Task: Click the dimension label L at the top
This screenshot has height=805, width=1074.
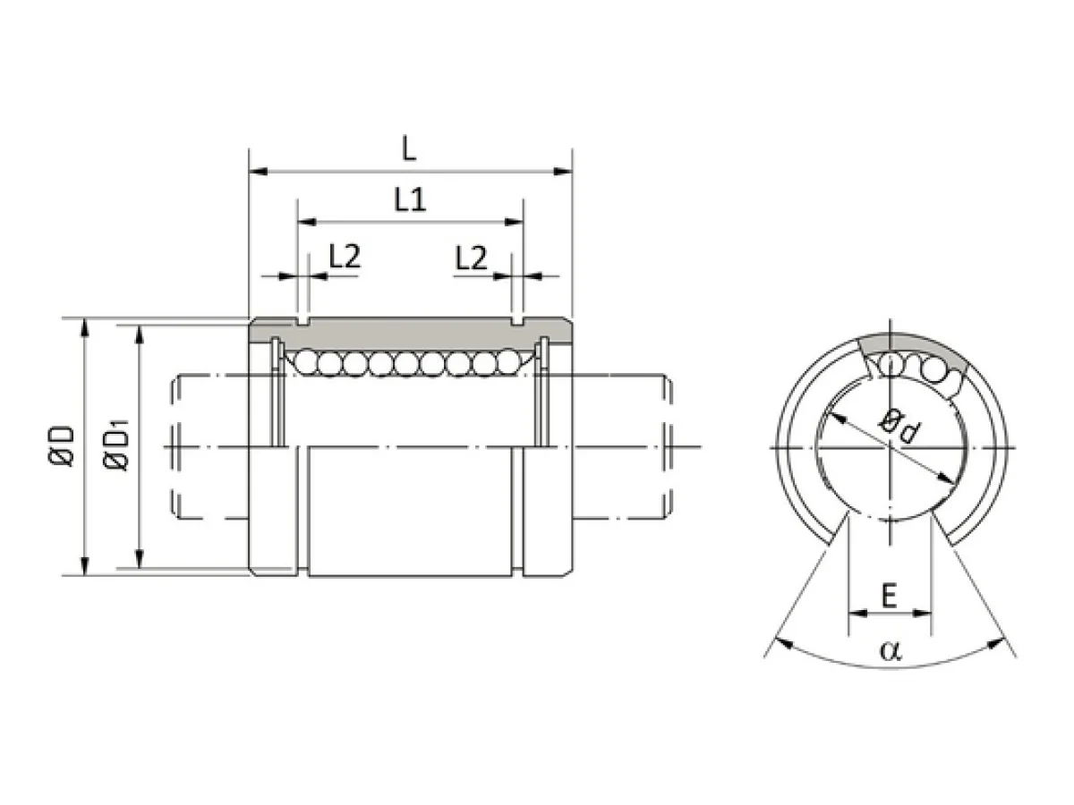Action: [x=408, y=148]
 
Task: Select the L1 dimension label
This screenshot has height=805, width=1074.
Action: [x=410, y=199]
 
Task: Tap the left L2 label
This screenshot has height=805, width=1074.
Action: [x=345, y=256]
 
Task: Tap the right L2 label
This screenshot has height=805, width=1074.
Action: [x=471, y=258]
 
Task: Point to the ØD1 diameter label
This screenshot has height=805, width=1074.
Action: [x=116, y=445]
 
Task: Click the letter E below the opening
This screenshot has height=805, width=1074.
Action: [x=889, y=596]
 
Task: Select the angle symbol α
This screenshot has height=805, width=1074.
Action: [x=891, y=650]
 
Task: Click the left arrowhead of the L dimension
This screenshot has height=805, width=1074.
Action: [x=259, y=172]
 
